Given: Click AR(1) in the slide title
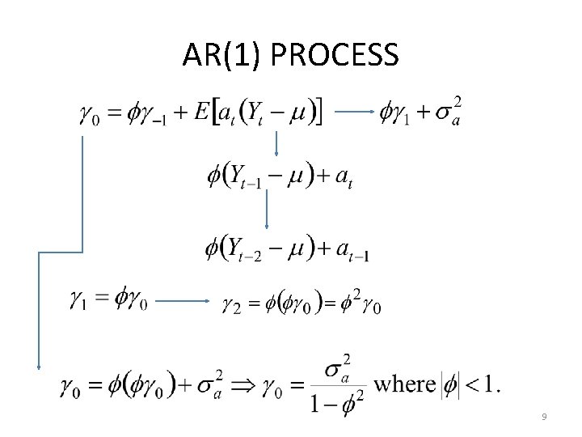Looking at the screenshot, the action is pos(224,55).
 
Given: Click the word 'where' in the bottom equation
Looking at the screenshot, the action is pos(405,383).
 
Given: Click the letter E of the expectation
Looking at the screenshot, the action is pos(203,113).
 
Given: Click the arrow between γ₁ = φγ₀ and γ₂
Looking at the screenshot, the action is pos(183,301).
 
